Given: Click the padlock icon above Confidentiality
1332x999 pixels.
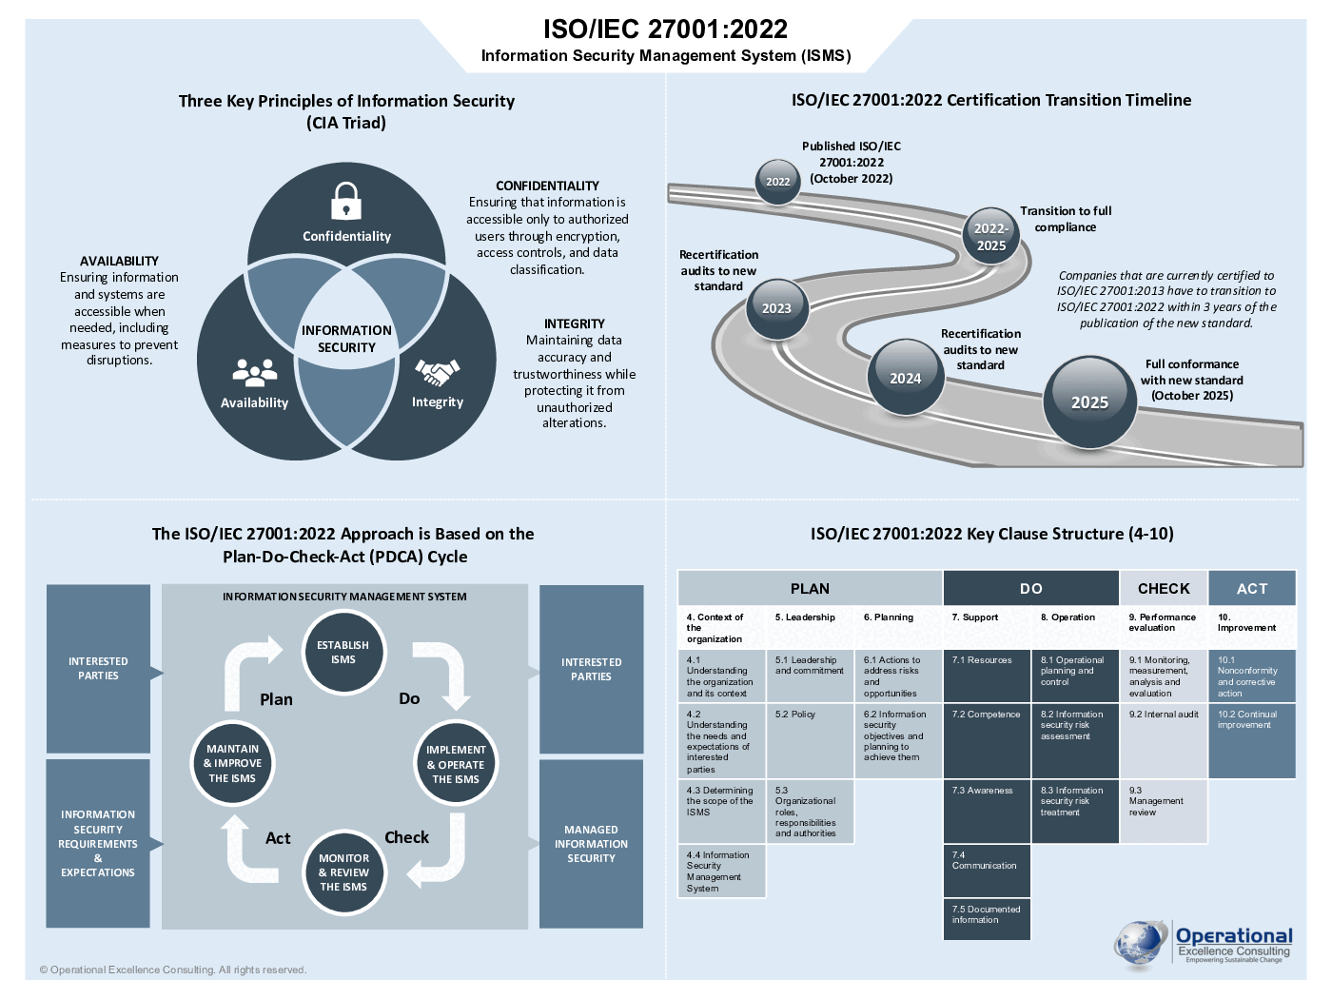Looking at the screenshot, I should point(346,201).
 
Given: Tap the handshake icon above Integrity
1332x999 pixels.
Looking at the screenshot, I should point(438,371).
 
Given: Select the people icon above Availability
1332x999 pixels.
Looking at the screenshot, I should point(255,372).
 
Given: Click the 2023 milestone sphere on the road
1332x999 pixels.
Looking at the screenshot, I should point(776,307).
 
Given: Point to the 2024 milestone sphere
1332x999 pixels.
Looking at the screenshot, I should point(905,378).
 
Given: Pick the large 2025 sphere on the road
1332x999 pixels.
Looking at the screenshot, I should point(1089,402).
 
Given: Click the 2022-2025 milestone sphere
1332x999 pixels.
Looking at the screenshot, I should point(990,236).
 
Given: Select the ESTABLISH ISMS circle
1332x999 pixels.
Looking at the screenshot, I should point(343,652).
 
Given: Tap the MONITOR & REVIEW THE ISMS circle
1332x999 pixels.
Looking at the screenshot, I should point(343,872).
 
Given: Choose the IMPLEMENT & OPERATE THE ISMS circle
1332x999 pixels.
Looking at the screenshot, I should point(456,764).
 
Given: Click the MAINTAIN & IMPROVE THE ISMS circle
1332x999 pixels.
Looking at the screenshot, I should point(232,763).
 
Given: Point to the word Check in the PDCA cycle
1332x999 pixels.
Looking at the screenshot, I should point(406,837).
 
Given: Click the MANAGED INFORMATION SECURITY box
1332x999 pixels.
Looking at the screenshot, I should point(591,843).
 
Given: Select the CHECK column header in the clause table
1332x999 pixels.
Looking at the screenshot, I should point(1164,588).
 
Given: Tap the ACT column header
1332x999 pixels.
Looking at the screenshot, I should point(1252,588).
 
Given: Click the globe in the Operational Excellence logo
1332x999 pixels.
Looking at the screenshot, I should point(1141,945).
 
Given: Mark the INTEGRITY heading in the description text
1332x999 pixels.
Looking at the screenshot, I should point(574,323).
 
